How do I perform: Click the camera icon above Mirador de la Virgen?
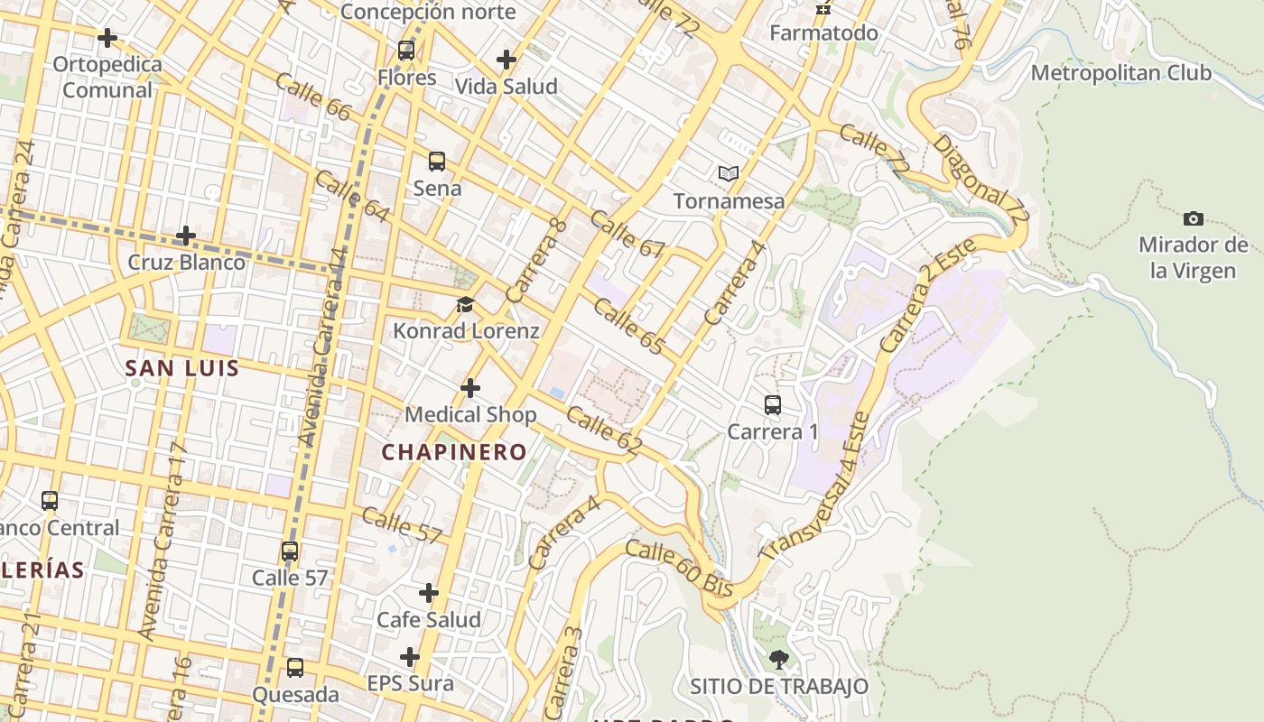click(x=1193, y=218)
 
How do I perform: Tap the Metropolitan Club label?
click(x=1121, y=72)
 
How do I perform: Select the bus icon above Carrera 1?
click(x=773, y=404)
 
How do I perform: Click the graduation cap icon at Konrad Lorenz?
click(x=465, y=305)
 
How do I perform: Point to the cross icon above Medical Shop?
click(x=470, y=388)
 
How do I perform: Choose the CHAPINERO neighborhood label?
click(x=454, y=452)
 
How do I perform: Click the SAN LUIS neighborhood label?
click(x=182, y=368)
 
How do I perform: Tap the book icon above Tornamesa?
click(x=728, y=173)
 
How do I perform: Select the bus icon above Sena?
click(x=437, y=162)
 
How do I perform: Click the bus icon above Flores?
click(x=406, y=51)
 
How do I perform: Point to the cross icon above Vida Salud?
click(x=507, y=60)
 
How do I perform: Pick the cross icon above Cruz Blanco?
click(x=186, y=236)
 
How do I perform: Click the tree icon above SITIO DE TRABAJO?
click(x=778, y=660)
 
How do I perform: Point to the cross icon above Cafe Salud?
click(x=429, y=593)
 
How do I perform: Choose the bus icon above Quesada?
click(x=295, y=669)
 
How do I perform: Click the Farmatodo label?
click(x=823, y=33)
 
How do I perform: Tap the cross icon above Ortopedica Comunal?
click(x=107, y=38)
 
